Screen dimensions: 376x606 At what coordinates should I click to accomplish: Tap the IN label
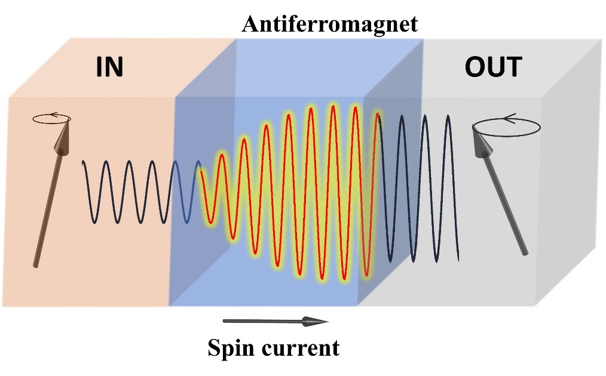(109, 67)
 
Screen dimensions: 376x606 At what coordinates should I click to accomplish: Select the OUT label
(493, 67)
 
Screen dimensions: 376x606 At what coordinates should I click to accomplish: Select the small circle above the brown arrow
(51, 118)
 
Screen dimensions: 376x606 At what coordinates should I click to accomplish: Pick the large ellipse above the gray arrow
(507, 127)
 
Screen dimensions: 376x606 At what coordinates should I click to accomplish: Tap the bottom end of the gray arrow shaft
(525, 253)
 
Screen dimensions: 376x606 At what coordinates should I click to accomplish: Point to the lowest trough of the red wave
(345, 279)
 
